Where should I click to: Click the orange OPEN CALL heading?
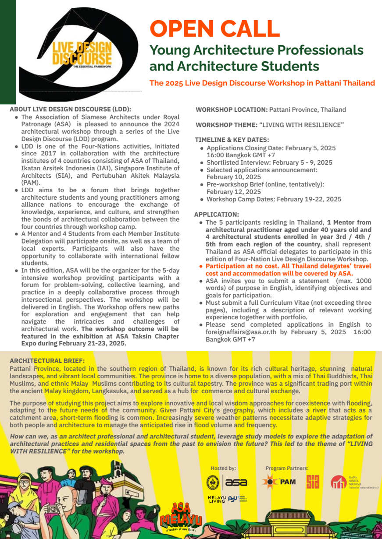[x=215, y=29]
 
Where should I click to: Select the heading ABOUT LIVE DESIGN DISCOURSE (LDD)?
[x=70, y=109]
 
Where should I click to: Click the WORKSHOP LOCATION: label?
[x=231, y=109]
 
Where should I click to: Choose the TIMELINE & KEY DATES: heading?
[x=232, y=140]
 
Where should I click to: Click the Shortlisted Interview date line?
[x=269, y=162]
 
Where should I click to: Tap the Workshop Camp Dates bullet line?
[x=274, y=199]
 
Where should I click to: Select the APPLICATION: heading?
[x=217, y=215]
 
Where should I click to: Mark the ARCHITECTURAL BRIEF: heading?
[x=47, y=361]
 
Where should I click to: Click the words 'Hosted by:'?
[x=223, y=468]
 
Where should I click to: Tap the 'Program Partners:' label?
[x=287, y=468]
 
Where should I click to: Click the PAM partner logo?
[x=279, y=482]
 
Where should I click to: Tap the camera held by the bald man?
[x=53, y=509]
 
